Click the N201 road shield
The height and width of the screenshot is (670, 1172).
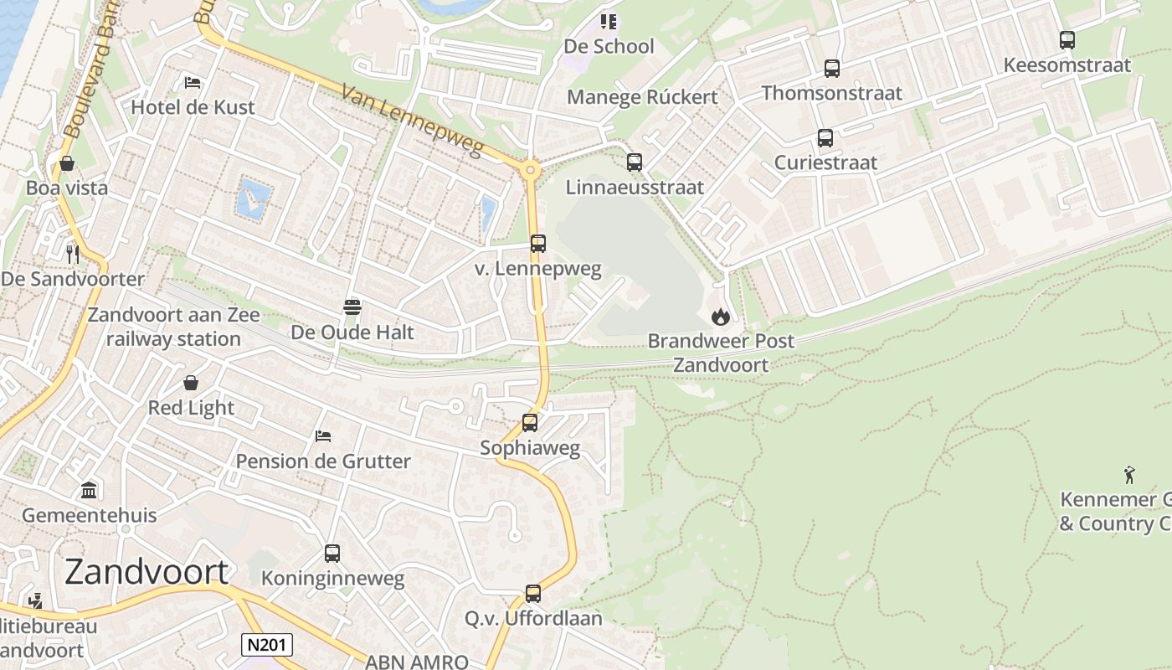click(x=268, y=644)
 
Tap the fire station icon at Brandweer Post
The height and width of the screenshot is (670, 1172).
click(x=720, y=317)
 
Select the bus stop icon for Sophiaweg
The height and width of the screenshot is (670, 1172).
click(x=530, y=423)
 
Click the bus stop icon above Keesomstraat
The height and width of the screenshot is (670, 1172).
click(x=1067, y=39)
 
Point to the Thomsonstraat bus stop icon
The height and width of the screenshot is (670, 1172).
click(x=831, y=68)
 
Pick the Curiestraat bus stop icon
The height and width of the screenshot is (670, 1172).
click(x=825, y=138)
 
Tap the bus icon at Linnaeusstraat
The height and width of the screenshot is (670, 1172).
click(x=635, y=162)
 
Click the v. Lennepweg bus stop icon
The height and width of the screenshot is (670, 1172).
click(x=538, y=244)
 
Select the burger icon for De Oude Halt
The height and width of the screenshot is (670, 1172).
click(x=352, y=307)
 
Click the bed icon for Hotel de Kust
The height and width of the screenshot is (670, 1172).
click(x=193, y=82)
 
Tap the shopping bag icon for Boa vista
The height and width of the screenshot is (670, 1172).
click(x=66, y=162)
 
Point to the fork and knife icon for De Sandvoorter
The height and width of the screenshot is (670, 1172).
click(x=73, y=253)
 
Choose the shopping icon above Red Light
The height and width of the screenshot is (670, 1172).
click(x=191, y=383)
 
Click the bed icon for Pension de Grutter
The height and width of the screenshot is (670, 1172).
click(x=323, y=435)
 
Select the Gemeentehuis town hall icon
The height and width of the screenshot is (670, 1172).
click(x=89, y=489)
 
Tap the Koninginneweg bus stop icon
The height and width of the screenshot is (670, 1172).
click(x=332, y=553)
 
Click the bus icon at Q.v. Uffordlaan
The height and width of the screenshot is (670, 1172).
click(x=533, y=593)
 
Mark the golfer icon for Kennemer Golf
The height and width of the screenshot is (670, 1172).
click(x=1129, y=475)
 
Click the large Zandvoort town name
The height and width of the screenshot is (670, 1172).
click(x=146, y=572)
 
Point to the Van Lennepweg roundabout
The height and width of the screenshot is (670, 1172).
click(x=529, y=171)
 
